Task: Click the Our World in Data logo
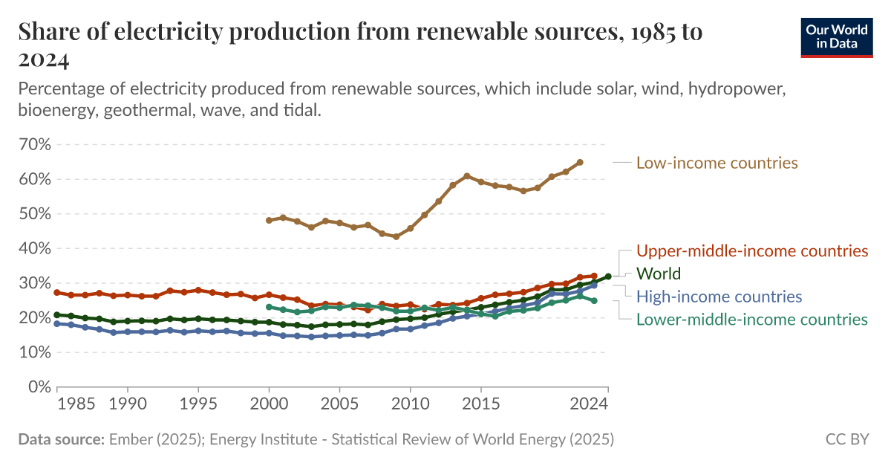click(837, 35)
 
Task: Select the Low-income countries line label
click(717, 163)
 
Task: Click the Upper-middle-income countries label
click(752, 250)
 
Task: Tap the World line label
click(659, 274)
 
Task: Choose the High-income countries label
click(719, 297)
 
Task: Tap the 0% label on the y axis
click(39, 387)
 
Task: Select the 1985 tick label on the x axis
click(76, 405)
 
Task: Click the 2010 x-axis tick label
click(410, 405)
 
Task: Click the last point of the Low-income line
click(580, 162)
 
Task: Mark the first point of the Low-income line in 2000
click(269, 220)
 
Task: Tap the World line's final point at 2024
click(608, 276)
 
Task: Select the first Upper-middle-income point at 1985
click(57, 292)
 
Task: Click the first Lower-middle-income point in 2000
click(269, 307)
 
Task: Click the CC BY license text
click(846, 439)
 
